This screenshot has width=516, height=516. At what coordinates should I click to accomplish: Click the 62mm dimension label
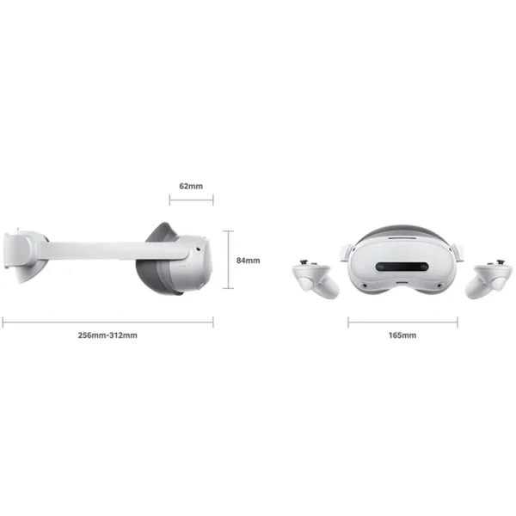pyautogui.click(x=191, y=186)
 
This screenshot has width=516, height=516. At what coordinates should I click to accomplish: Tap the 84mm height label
pyautogui.click(x=248, y=259)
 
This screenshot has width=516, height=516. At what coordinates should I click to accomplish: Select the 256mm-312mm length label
pyautogui.click(x=107, y=335)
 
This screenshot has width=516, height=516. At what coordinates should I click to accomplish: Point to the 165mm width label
pyautogui.click(x=403, y=335)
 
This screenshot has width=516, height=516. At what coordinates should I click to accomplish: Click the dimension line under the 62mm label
pyautogui.click(x=191, y=201)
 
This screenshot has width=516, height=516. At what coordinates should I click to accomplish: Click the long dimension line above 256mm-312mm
pyautogui.click(x=107, y=322)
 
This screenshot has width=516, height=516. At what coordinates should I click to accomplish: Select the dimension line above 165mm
pyautogui.click(x=403, y=322)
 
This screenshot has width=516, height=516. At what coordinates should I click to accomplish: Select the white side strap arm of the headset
pyautogui.click(x=95, y=250)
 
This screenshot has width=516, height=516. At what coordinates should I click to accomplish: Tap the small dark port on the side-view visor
pyautogui.click(x=198, y=253)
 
